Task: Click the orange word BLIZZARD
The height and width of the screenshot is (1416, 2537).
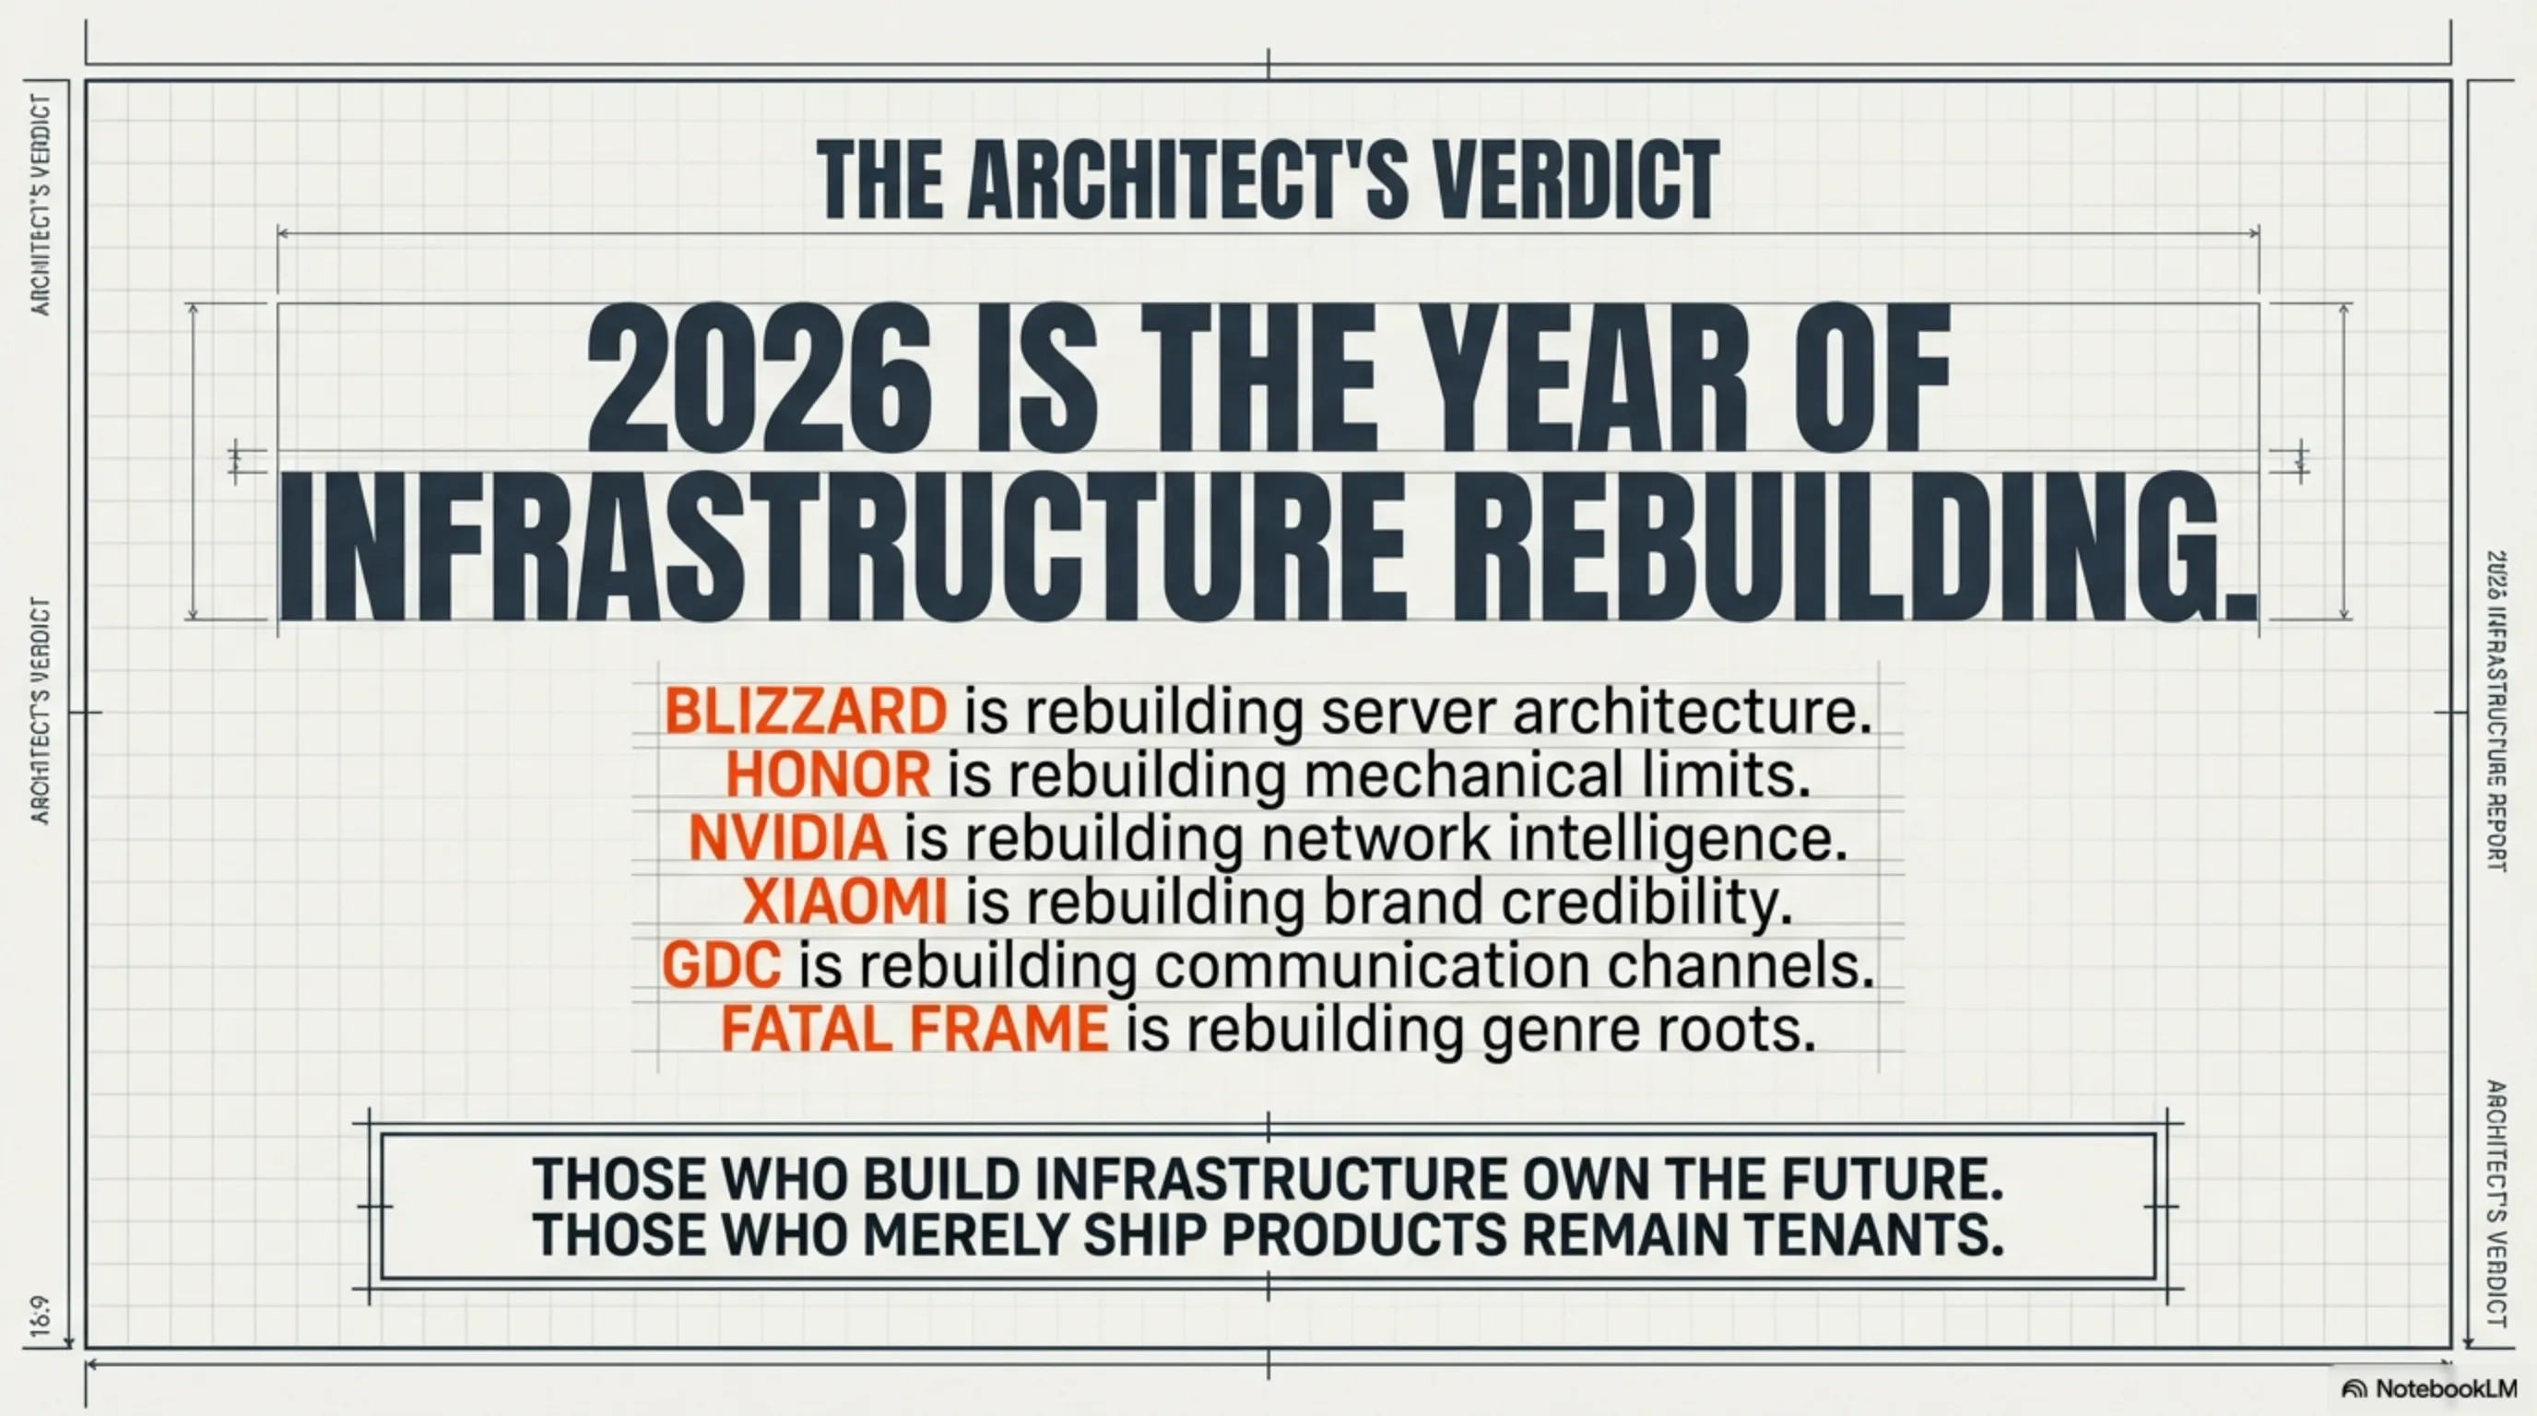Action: click(x=806, y=711)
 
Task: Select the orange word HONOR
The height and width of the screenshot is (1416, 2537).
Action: click(x=828, y=775)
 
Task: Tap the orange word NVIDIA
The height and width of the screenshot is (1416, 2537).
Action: click(x=788, y=838)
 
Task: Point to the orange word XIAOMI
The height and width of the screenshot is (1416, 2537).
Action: click(x=845, y=902)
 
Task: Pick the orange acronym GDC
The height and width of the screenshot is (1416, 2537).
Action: click(x=722, y=966)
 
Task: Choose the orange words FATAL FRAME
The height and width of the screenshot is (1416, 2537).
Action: click(x=914, y=1030)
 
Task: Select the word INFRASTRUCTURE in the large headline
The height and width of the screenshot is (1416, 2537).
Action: click(x=843, y=547)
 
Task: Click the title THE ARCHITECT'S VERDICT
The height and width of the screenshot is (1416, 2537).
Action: click(x=1268, y=179)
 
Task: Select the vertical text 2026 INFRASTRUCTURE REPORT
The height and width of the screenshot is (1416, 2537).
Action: click(x=2496, y=711)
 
